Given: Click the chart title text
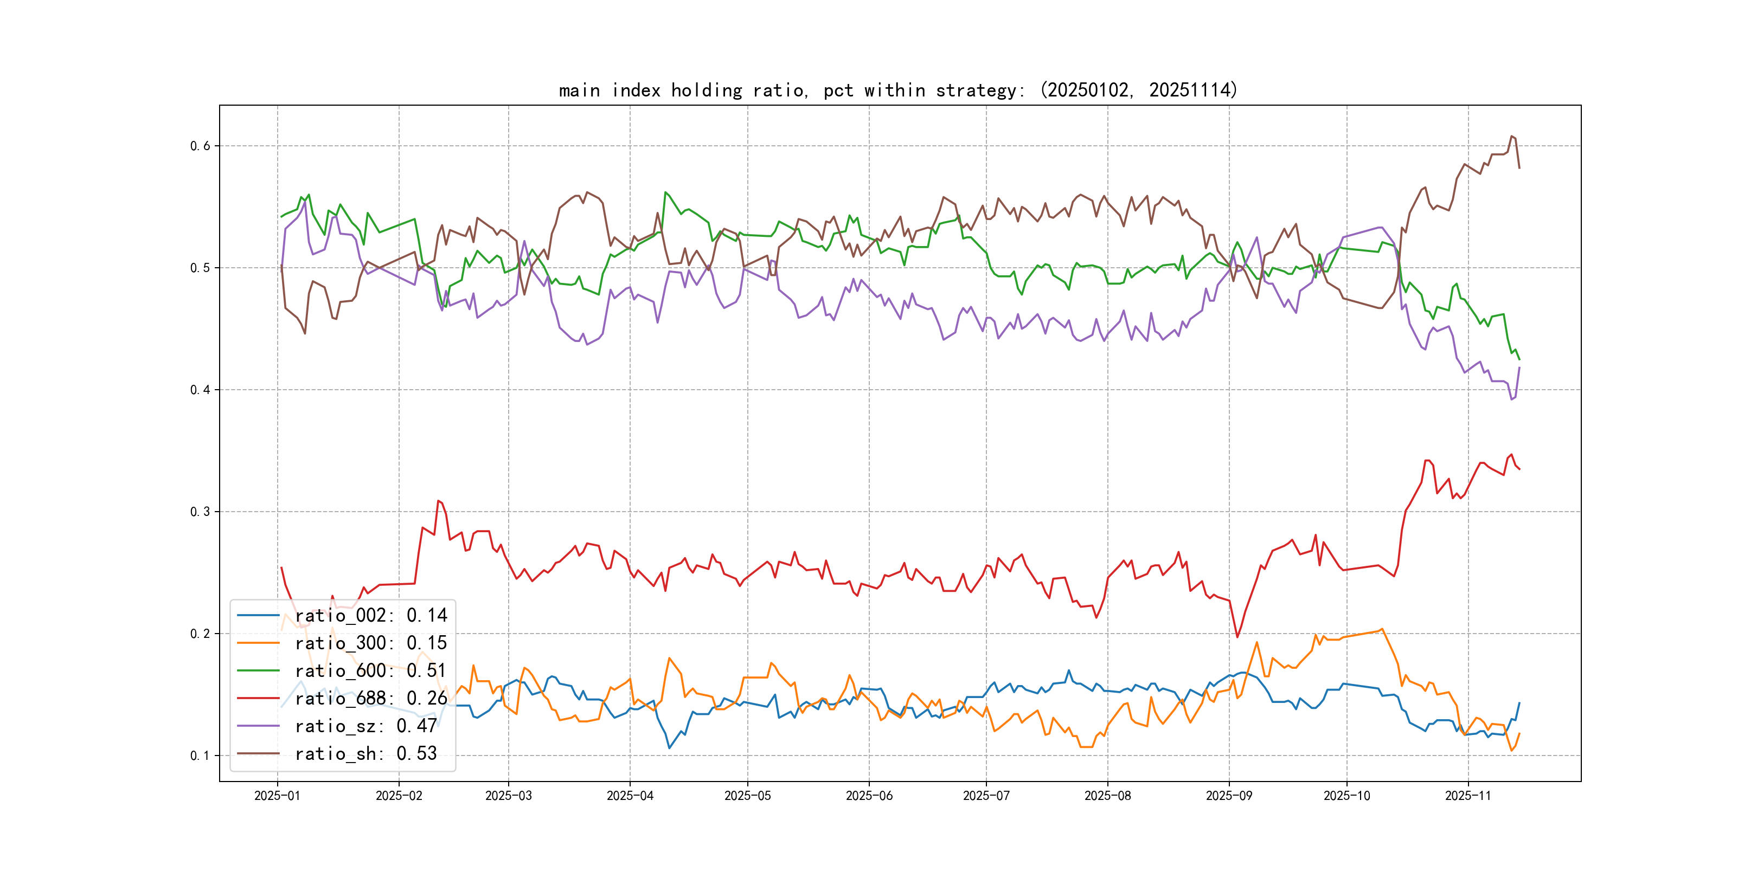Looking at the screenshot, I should [x=897, y=90].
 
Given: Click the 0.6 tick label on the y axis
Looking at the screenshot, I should [x=200, y=146].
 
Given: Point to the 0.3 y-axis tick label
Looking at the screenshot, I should [x=200, y=512].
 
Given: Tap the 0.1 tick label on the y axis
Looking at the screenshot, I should [x=200, y=756].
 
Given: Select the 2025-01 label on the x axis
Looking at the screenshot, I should [x=277, y=796].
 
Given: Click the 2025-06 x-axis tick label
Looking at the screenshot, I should [x=868, y=796].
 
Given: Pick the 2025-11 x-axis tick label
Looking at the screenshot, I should [x=1468, y=796].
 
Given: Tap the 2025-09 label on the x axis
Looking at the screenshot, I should [x=1228, y=796].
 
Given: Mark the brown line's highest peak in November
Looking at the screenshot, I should [x=1511, y=137].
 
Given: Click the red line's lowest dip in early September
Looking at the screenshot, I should [x=1237, y=637].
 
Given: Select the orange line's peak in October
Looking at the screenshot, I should [x=1382, y=629].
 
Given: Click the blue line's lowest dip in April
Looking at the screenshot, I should [x=669, y=748].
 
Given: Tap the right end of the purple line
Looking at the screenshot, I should [x=1519, y=367].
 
